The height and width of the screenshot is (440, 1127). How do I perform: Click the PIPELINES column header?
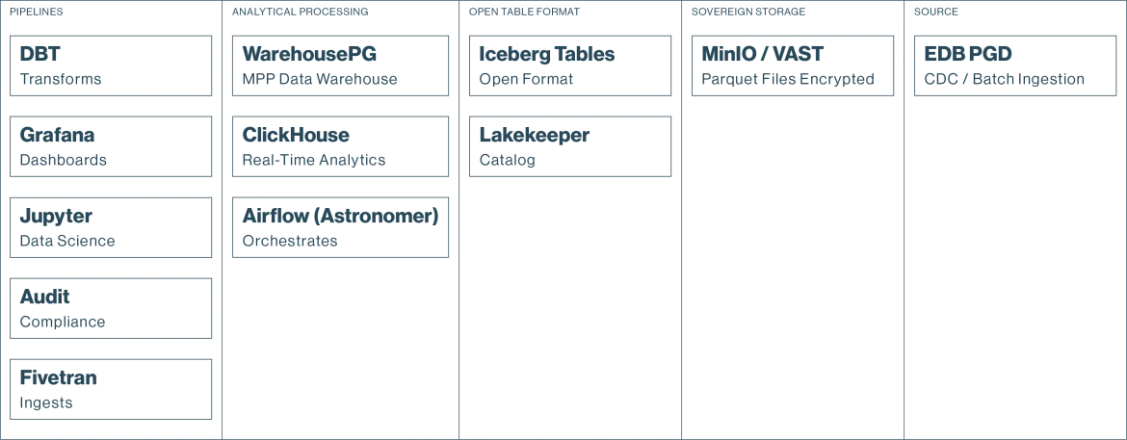(36, 13)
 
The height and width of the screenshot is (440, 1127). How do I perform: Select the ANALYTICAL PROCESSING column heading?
(300, 13)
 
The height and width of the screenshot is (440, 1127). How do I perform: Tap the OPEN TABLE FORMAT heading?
(524, 13)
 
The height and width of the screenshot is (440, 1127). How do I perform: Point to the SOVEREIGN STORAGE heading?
(748, 13)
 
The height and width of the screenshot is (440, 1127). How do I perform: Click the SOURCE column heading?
(936, 13)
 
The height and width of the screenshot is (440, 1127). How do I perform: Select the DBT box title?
(40, 54)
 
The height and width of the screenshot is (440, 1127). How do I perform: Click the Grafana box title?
(58, 135)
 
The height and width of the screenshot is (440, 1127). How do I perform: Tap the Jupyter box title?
(56, 217)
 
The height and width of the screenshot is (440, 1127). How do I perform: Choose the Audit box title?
(45, 297)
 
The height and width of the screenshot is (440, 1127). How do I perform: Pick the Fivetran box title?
(58, 377)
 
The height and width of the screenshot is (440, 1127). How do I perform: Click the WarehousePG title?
(309, 54)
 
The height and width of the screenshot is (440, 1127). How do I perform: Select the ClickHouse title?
(296, 135)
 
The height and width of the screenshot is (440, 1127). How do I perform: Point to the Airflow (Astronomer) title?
(340, 216)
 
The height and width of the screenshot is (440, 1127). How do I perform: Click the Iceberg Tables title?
(547, 55)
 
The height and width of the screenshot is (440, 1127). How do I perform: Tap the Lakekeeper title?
(534, 135)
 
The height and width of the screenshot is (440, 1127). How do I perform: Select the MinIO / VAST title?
(763, 54)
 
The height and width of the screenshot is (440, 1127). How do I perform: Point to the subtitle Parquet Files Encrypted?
(788, 79)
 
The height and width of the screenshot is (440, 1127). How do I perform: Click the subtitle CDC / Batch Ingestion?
(1004, 79)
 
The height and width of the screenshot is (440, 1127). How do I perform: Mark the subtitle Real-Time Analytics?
(314, 160)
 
